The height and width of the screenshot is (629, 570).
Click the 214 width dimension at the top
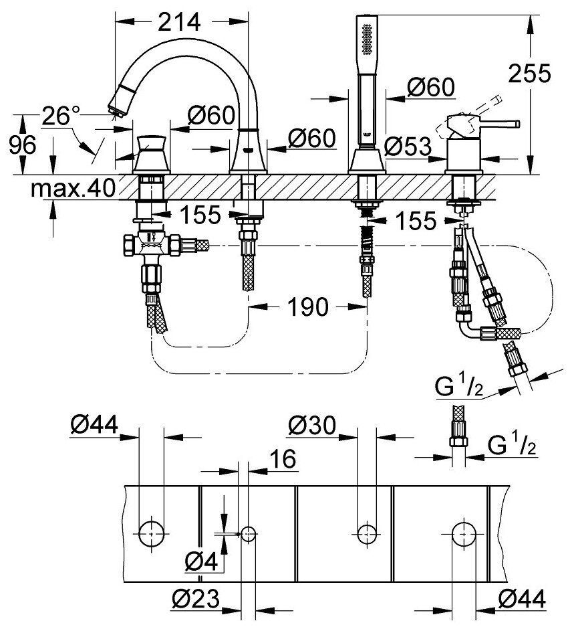tap(180, 22)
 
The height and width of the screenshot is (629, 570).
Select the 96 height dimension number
tap(22, 144)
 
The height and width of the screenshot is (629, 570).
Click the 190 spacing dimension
tap(308, 307)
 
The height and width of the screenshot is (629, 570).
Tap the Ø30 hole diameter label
tap(312, 424)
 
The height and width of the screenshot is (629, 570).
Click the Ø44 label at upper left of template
tap(94, 424)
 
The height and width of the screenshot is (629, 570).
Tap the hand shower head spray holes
tap(366, 38)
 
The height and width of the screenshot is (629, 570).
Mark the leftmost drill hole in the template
tap(150, 533)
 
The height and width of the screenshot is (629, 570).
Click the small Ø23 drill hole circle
tap(249, 533)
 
